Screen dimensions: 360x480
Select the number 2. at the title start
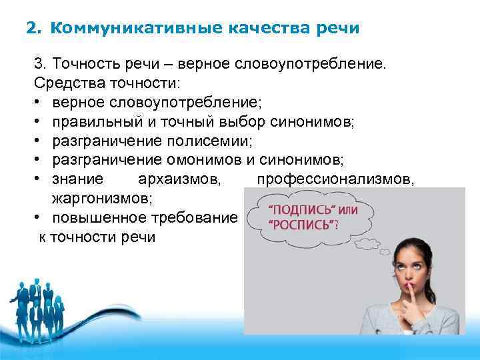(x=33, y=29)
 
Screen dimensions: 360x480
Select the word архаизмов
(x=180, y=179)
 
